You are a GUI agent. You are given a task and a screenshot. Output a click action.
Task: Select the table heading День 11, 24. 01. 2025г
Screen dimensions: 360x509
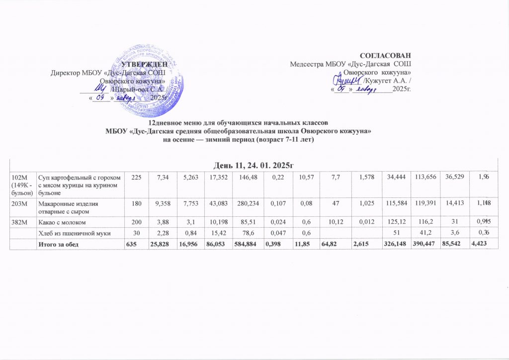tap(254, 165)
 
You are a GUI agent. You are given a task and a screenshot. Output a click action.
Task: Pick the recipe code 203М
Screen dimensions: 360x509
tap(18, 203)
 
